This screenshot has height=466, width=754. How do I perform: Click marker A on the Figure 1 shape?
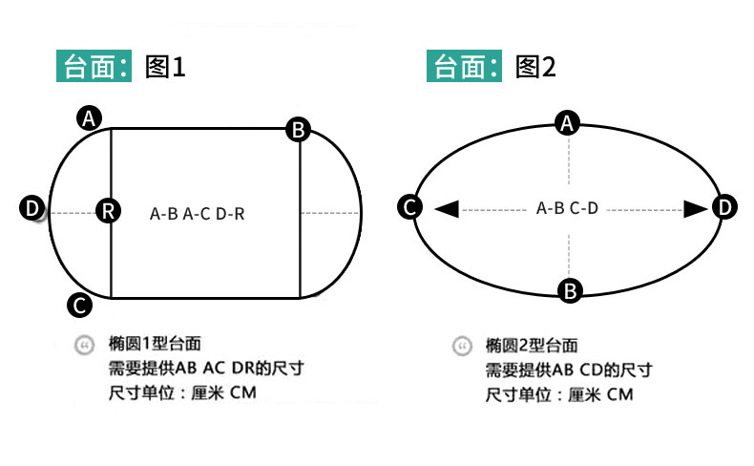[89, 118]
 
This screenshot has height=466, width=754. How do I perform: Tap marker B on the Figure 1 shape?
[299, 130]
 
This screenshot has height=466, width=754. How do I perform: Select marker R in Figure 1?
[109, 211]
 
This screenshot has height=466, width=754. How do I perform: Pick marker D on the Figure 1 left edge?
[32, 208]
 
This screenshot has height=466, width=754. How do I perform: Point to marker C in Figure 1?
[79, 305]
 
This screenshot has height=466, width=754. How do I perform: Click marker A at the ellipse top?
[568, 123]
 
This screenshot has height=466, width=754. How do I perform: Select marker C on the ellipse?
[410, 207]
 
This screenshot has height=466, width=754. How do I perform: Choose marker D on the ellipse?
[725, 207]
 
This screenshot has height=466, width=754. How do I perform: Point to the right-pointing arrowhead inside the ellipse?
[694, 207]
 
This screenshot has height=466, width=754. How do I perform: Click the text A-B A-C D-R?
[198, 214]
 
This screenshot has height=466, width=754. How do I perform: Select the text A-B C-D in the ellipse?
[567, 208]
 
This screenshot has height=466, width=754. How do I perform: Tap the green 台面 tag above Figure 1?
[96, 67]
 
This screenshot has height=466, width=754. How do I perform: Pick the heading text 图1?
[163, 67]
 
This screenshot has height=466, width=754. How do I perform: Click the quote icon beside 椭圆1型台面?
[84, 344]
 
